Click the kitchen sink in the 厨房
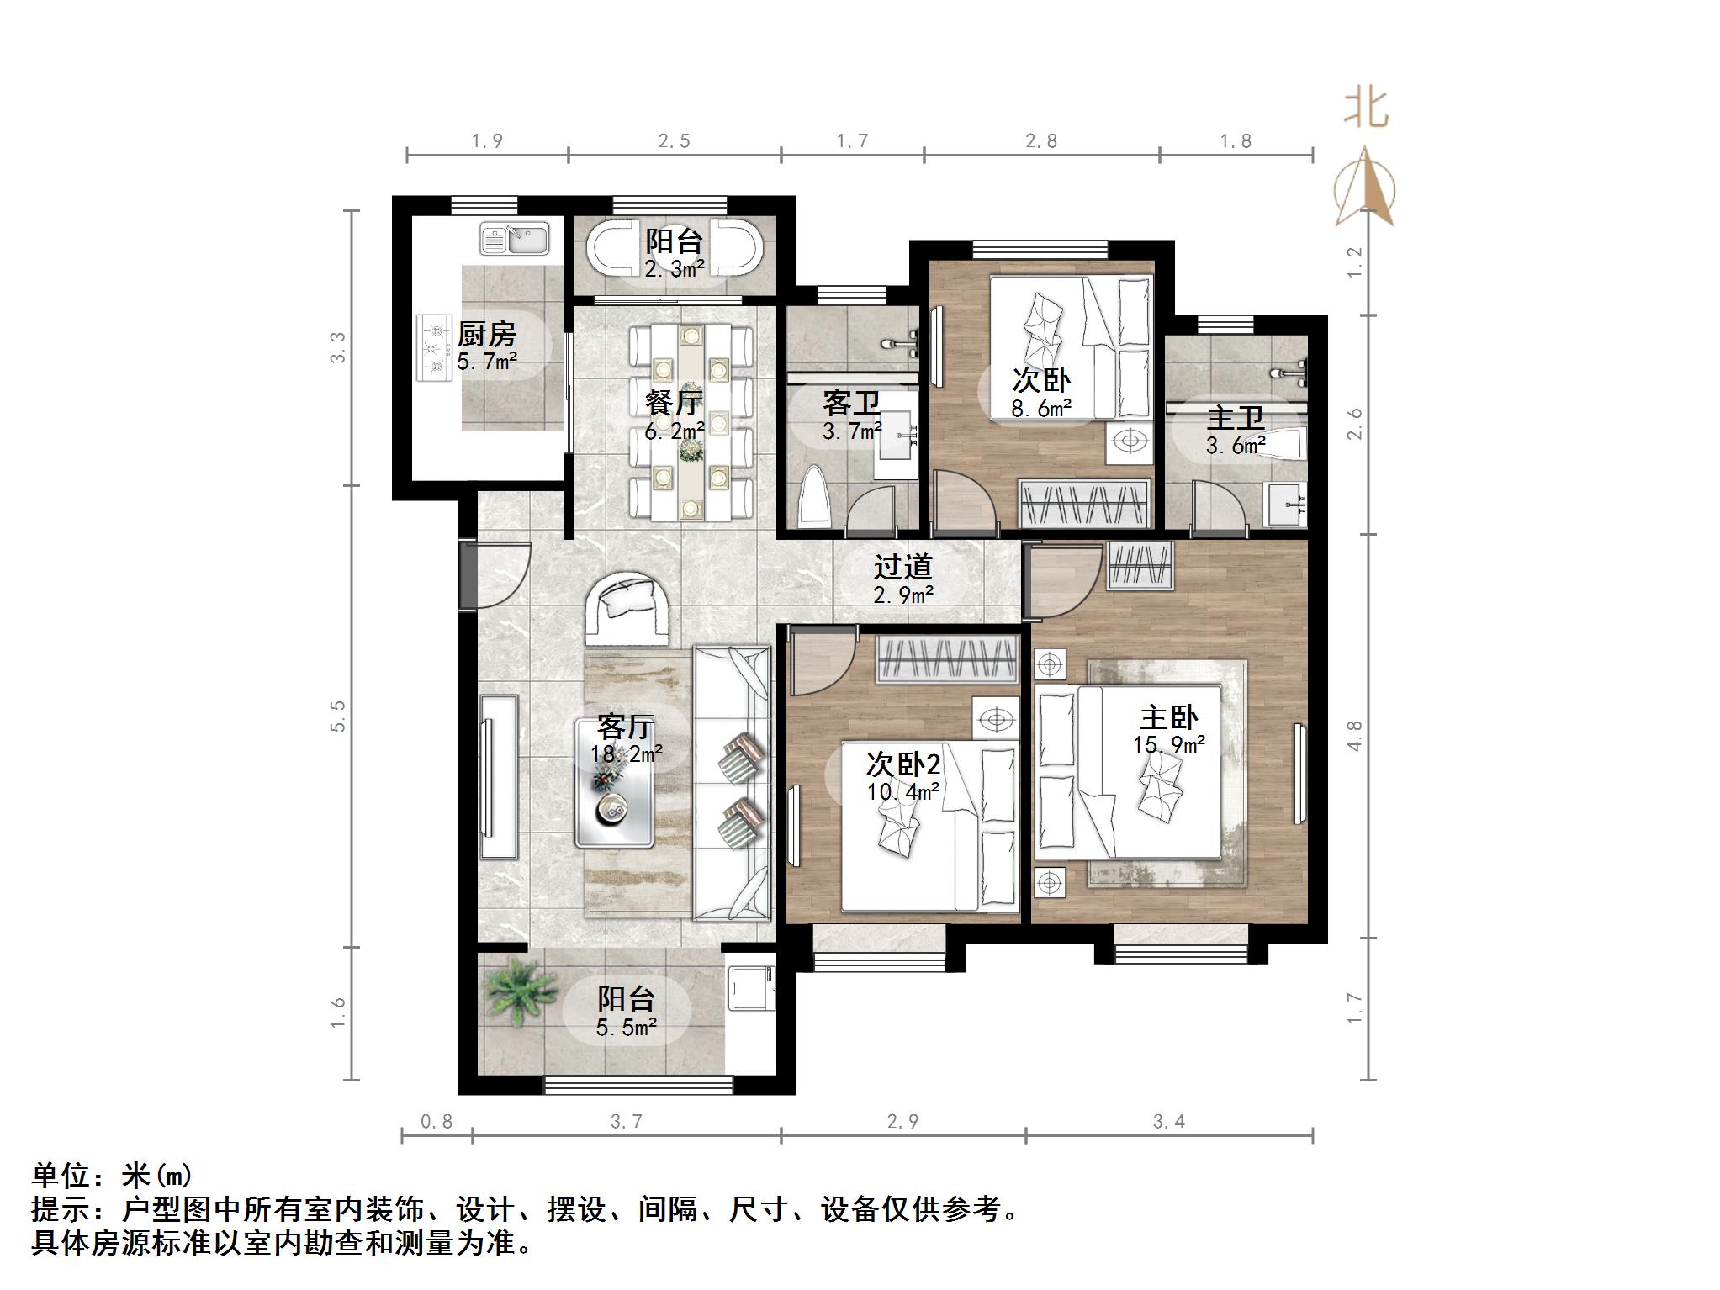click(514, 239)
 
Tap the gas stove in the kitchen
click(435, 347)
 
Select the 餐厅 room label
click(674, 403)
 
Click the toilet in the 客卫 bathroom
click(814, 499)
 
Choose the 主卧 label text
click(1168, 717)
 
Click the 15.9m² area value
click(1168, 745)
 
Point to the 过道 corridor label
click(902, 567)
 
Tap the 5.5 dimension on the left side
click(338, 716)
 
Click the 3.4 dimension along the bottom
click(1168, 1121)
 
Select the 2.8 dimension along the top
click(1040, 141)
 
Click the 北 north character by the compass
click(1365, 109)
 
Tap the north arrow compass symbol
click(1365, 189)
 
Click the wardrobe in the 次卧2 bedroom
click(947, 659)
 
